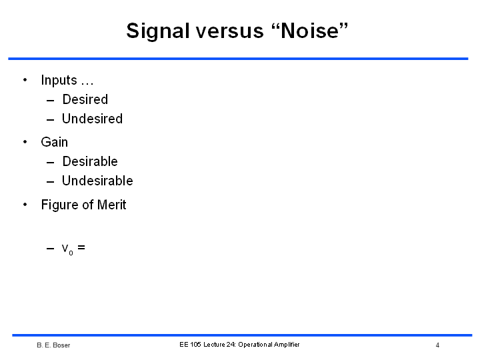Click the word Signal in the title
[158, 31]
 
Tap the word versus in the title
[230, 31]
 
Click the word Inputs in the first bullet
[59, 80]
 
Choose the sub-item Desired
[85, 99]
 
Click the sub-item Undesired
[92, 119]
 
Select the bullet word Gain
[55, 142]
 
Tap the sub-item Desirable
[90, 161]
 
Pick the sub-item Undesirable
[97, 181]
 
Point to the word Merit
[111, 205]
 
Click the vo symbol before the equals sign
[67, 249]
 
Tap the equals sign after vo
[81, 247]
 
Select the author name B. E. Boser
[53, 345]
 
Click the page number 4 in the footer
[437, 345]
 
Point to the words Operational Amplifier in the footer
[269, 345]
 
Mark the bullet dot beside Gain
[25, 142]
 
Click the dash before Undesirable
[50, 182]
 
